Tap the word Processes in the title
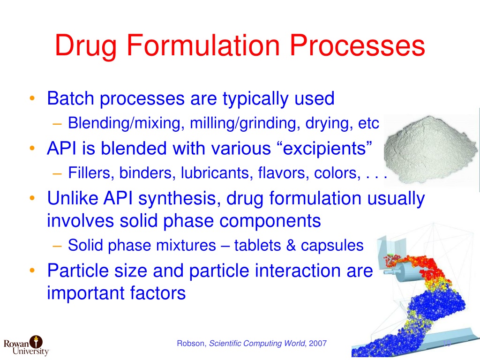[x=357, y=46]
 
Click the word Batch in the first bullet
[x=71, y=99]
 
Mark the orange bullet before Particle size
[x=31, y=270]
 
